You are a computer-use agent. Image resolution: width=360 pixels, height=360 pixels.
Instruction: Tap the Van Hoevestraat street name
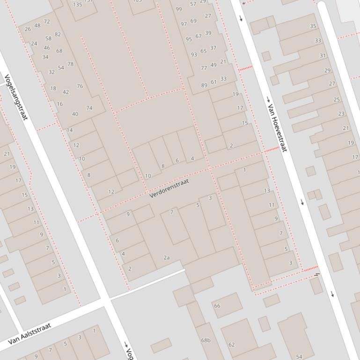pos(277,128)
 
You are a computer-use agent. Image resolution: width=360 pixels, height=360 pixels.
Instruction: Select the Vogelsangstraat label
pos(16,96)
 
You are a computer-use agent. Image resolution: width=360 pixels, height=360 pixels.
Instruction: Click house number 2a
pos(167,258)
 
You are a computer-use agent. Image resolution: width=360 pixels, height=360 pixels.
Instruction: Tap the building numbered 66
pos(217,306)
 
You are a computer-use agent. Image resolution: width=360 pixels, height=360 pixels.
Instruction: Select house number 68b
pos(206,340)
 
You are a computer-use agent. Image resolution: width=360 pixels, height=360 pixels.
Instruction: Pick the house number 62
pos(231,345)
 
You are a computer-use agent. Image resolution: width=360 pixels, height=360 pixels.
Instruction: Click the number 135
pos(77,5)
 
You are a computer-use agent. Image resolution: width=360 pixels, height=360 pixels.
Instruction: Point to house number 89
pos(204,85)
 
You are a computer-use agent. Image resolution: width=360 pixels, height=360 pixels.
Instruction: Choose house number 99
pos(179,9)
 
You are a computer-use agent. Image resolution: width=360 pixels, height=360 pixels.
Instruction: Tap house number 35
pos(313,26)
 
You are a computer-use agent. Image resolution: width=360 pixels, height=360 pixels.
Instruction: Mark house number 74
pos(89,108)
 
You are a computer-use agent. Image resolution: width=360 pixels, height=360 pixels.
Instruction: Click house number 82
pos(58,34)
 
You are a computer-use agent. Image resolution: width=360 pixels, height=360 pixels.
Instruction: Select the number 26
pos(28,29)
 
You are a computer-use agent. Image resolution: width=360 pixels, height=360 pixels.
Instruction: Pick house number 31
pos(323,56)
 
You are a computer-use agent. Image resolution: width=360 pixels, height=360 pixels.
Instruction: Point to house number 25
pos(337,100)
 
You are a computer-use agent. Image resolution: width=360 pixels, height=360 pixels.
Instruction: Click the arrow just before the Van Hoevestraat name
pos(268,99)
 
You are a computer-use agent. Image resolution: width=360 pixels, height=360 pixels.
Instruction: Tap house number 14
pos(70,130)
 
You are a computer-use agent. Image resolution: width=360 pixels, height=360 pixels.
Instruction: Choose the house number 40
pos(75,114)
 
